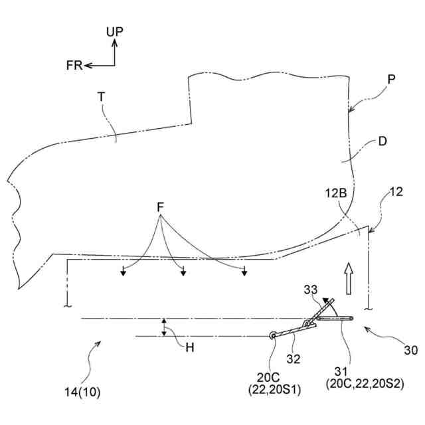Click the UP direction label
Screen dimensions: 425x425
[114, 31]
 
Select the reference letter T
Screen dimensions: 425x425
[101, 97]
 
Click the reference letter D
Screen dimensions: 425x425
[384, 141]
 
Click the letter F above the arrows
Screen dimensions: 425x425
[160, 207]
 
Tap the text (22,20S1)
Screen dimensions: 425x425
[274, 390]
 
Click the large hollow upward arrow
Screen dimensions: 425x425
[347, 277]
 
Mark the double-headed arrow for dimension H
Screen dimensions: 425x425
[164, 327]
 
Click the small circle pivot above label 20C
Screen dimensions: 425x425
[273, 336]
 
